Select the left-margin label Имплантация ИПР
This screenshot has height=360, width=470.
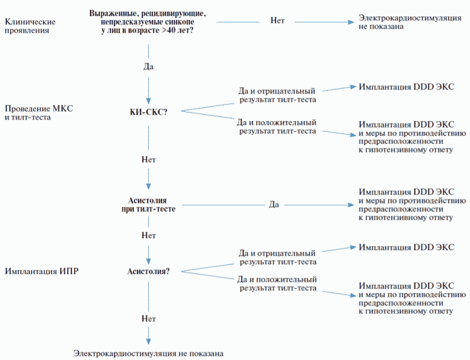click(35, 270)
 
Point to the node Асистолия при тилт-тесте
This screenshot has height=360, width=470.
click(148, 204)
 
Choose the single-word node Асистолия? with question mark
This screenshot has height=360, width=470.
click(148, 270)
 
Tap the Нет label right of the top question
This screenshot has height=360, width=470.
click(277, 21)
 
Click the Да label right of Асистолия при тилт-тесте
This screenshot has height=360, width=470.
click(274, 204)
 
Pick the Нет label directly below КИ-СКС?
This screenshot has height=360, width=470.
click(148, 159)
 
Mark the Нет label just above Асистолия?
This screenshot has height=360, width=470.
click(148, 235)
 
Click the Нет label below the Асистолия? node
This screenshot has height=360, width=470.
click(148, 318)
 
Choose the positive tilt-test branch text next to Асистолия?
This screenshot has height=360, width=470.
click(277, 284)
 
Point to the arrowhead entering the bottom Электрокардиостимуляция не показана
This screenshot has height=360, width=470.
click(148, 341)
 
